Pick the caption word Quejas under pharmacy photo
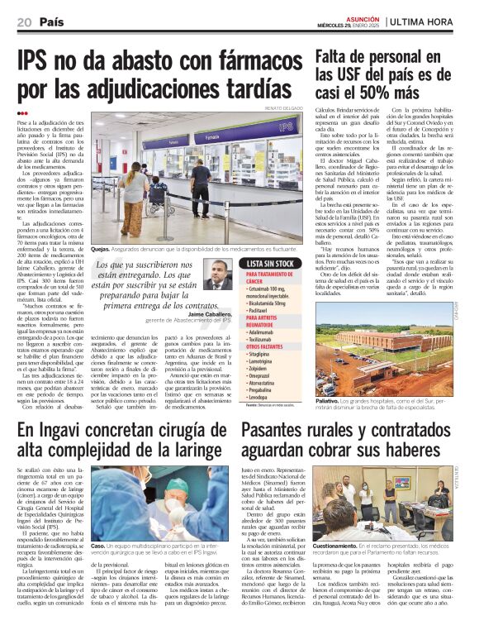(x=101, y=247)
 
